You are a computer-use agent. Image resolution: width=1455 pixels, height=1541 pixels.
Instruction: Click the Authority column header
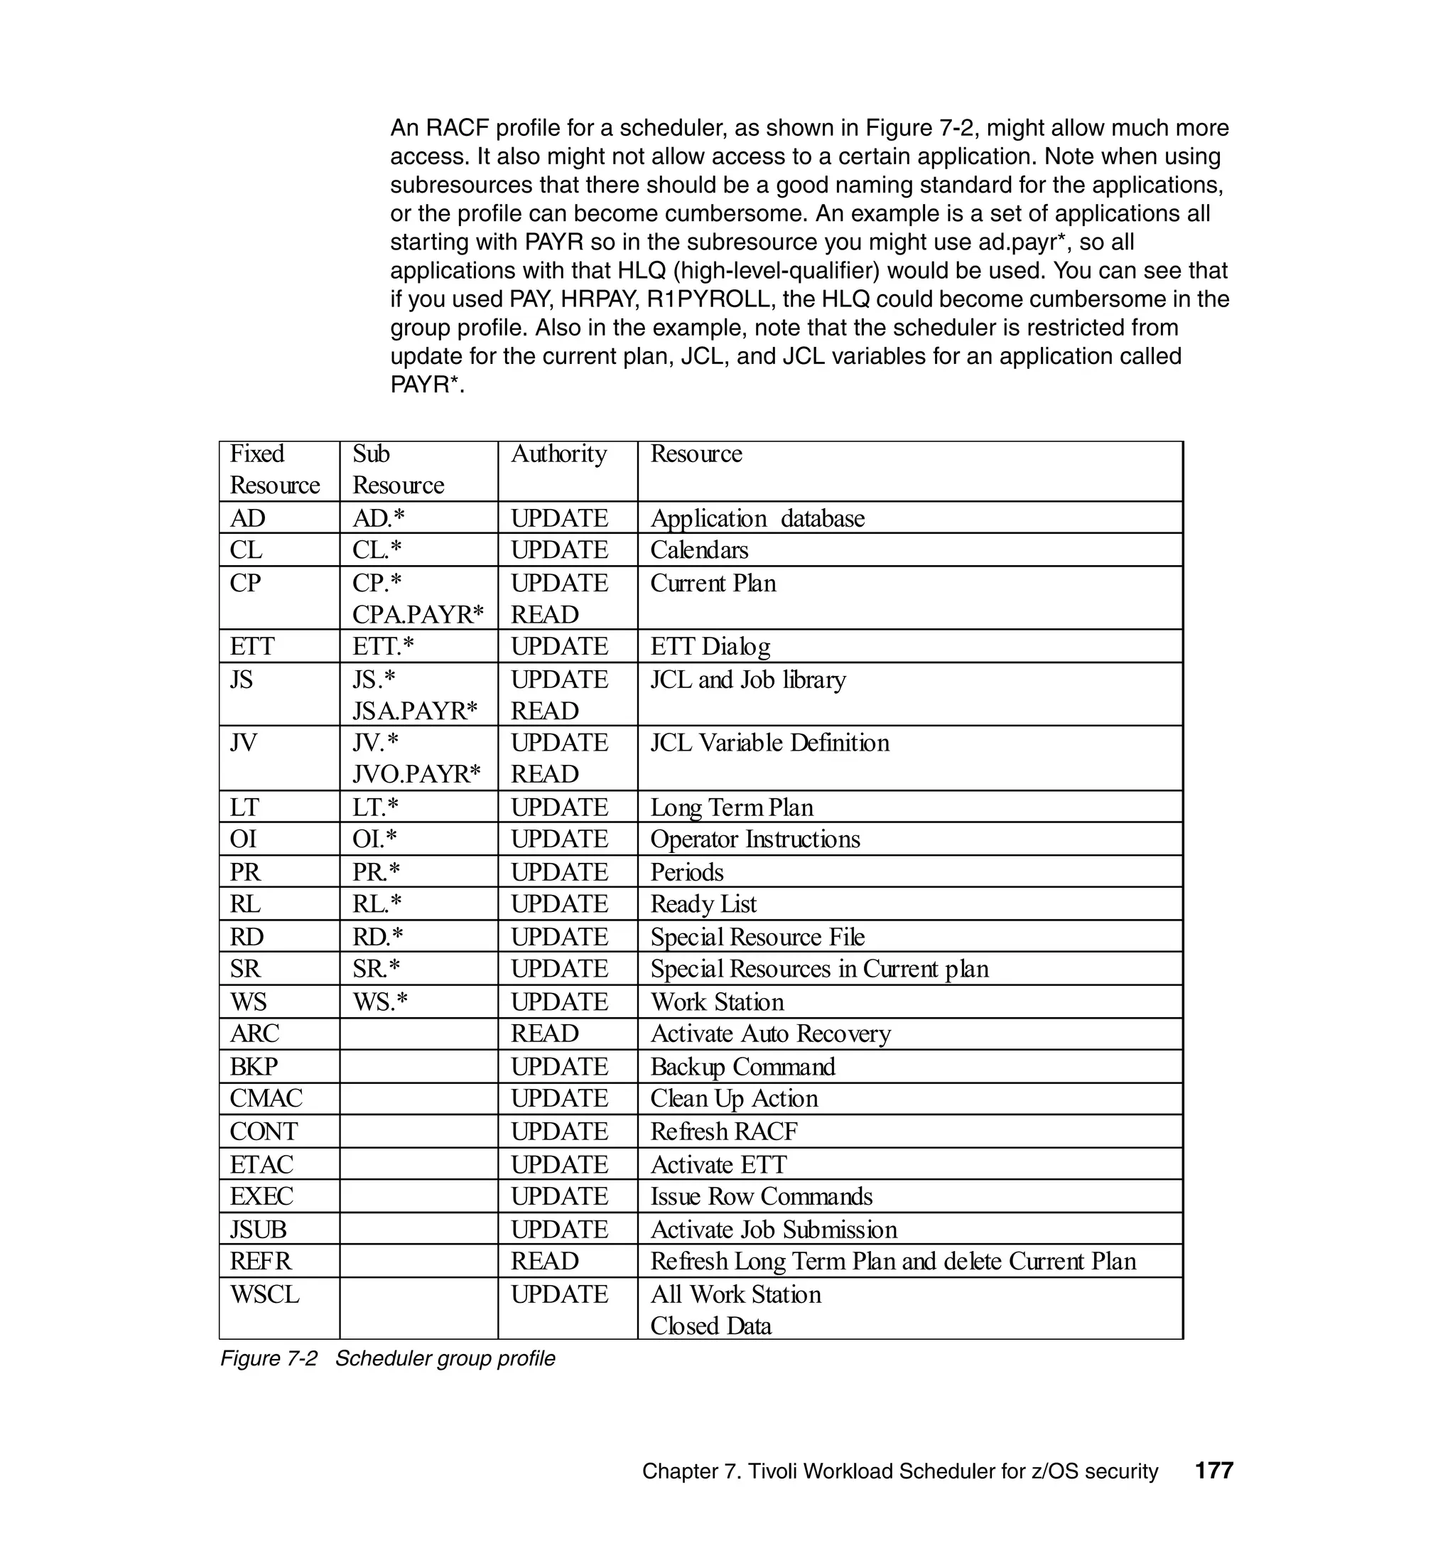pyautogui.click(x=558, y=454)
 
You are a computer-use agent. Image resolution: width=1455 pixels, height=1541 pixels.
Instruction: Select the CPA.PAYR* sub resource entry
pyautogui.click(x=417, y=615)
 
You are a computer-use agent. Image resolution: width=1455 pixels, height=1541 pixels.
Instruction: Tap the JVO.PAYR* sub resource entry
pyautogui.click(x=416, y=773)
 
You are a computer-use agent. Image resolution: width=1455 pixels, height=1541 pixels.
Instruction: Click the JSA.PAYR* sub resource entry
pyautogui.click(x=414, y=711)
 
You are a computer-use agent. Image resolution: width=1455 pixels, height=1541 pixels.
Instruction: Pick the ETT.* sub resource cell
pyautogui.click(x=383, y=646)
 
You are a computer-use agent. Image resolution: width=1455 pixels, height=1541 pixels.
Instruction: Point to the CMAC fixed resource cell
pyautogui.click(x=266, y=1099)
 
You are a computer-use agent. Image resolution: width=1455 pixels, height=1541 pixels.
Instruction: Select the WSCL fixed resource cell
pyautogui.click(x=264, y=1294)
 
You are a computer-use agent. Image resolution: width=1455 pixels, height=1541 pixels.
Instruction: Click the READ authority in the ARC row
pyautogui.click(x=544, y=1033)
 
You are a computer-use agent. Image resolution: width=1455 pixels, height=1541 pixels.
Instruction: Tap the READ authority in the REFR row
pyautogui.click(x=544, y=1261)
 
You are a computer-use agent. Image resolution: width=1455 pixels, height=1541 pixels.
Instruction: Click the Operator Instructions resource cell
pyautogui.click(x=754, y=839)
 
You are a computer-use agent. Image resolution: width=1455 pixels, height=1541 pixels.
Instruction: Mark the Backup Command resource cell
pyautogui.click(x=742, y=1067)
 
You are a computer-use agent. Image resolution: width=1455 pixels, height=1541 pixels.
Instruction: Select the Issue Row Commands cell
pyautogui.click(x=761, y=1196)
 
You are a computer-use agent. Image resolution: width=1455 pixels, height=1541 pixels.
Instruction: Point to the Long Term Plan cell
pyautogui.click(x=731, y=807)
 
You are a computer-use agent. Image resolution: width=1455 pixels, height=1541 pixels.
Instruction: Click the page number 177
pyautogui.click(x=1213, y=1471)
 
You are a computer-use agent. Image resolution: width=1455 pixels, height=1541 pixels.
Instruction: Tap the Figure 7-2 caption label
pyautogui.click(x=269, y=1358)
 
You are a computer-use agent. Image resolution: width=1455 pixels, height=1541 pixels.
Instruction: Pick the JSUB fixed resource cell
pyautogui.click(x=259, y=1229)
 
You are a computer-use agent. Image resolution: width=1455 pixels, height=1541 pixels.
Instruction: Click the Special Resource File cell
pyautogui.click(x=757, y=937)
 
